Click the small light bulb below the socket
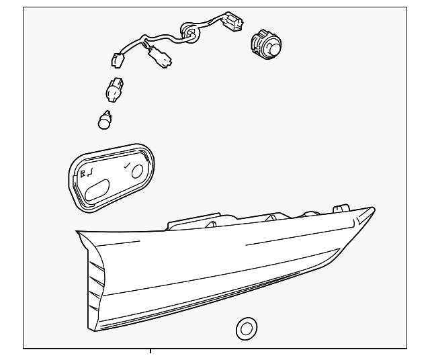pos(105,120)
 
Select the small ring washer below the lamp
pos(246,328)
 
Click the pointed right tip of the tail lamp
pos(373,209)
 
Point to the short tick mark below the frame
pos(150,351)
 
